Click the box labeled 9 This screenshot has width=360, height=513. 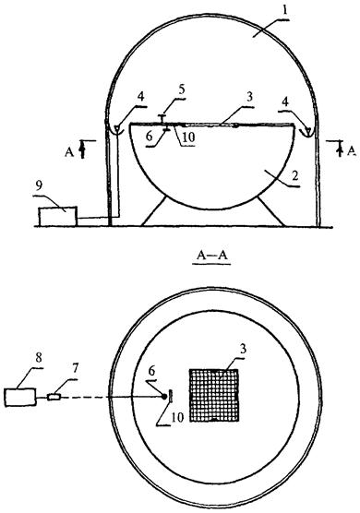[x=58, y=216]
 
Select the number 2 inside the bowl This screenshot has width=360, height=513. [x=294, y=176]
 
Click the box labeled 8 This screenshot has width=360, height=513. [x=20, y=397]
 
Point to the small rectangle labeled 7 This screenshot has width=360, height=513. [x=54, y=398]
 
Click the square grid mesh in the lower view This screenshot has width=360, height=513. [x=214, y=395]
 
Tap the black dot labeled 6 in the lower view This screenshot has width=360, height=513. [x=164, y=397]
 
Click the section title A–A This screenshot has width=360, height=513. [x=211, y=256]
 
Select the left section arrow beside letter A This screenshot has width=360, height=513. [x=83, y=149]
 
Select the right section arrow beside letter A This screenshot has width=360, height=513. [x=341, y=149]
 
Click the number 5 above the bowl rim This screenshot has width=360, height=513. [x=182, y=89]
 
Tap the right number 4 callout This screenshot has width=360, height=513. [x=286, y=101]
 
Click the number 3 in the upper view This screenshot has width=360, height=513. [x=249, y=97]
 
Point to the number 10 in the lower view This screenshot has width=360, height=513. [x=177, y=417]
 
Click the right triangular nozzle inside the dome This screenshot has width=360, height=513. [x=306, y=131]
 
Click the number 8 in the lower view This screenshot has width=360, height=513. [x=39, y=358]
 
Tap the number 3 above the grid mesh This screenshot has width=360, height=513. [x=243, y=350]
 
